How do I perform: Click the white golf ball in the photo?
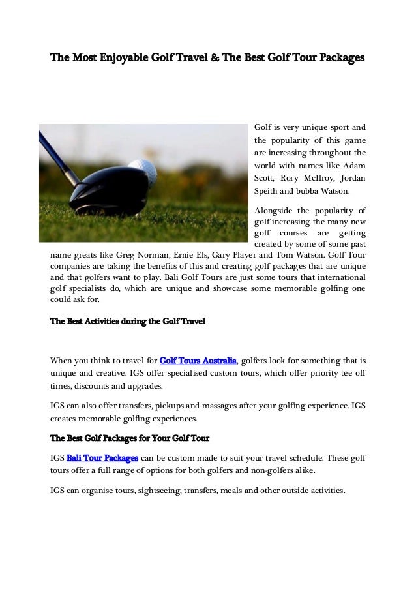(142, 174)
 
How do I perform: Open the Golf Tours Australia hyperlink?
(198, 361)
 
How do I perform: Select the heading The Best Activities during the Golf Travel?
(128, 322)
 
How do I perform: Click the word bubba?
(299, 192)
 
